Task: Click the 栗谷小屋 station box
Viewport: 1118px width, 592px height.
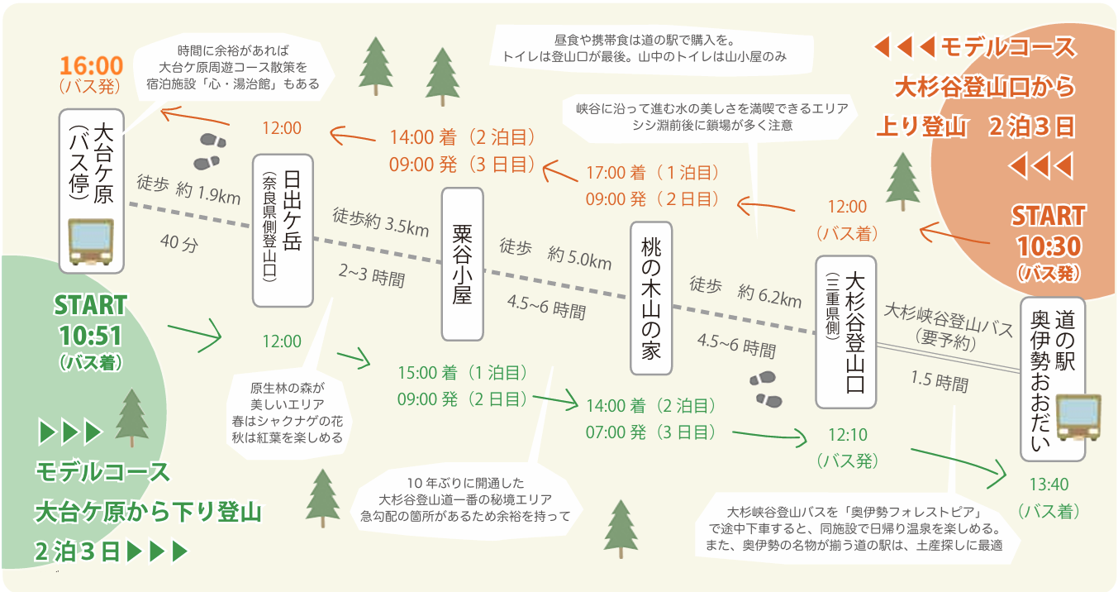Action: tap(462, 264)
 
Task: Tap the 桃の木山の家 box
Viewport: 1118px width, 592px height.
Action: tap(651, 298)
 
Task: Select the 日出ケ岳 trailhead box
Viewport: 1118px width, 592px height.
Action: tap(283, 231)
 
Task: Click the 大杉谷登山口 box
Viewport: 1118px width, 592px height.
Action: tap(845, 332)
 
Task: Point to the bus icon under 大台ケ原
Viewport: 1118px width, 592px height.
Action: tap(91, 241)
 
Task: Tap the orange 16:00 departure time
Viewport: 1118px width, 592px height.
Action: tap(91, 65)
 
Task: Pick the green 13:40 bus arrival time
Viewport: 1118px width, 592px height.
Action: tap(1049, 485)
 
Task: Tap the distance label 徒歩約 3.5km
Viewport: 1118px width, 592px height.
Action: tap(381, 221)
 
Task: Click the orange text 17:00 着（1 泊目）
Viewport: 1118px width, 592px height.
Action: tap(653, 174)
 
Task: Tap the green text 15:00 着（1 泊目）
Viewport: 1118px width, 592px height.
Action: tap(463, 373)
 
